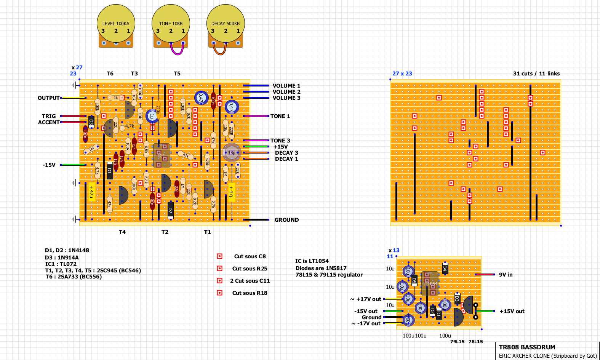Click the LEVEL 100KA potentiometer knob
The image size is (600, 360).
click(x=116, y=24)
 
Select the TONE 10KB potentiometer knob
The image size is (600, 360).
click(x=171, y=24)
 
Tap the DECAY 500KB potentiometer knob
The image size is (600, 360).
click(x=226, y=24)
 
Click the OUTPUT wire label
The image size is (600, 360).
click(x=48, y=98)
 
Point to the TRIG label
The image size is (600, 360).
click(x=49, y=116)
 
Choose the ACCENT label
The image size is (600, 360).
click(x=49, y=122)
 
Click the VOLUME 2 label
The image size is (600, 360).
click(x=286, y=92)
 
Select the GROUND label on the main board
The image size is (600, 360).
click(x=286, y=220)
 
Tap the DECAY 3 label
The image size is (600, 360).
click(x=286, y=153)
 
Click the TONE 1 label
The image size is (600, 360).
click(x=280, y=116)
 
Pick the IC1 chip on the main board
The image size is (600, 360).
click(x=162, y=155)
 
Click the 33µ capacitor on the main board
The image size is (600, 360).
click(x=231, y=152)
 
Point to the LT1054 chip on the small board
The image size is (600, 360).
click(x=430, y=284)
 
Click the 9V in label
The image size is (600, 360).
click(x=506, y=275)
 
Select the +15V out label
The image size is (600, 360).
click(x=512, y=311)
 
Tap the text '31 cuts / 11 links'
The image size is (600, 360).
click(x=536, y=74)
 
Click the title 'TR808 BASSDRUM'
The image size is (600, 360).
click(x=527, y=347)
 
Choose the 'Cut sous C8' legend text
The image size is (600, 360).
click(x=250, y=256)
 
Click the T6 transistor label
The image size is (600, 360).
click(x=110, y=74)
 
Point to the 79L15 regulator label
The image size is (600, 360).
click(x=457, y=342)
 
